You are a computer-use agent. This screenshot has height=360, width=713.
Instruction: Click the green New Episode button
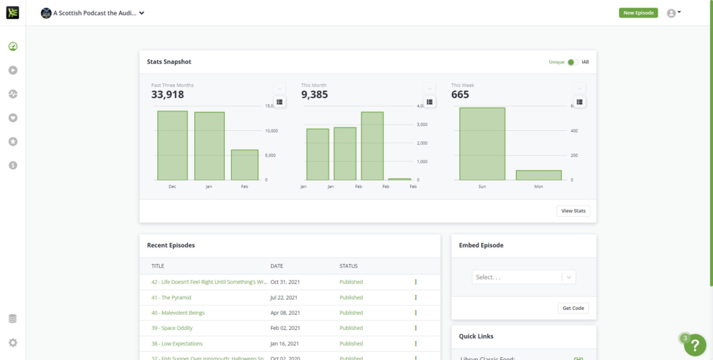point(638,13)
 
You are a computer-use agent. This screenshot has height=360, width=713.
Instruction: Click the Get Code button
point(574,308)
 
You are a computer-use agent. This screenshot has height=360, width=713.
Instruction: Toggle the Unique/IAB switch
point(572,62)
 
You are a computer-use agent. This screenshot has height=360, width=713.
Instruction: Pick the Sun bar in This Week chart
point(482,143)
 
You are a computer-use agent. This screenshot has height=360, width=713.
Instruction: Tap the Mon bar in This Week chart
point(538,175)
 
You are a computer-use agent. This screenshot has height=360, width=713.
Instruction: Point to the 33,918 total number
point(167,95)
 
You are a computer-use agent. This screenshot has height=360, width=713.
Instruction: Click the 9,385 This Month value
point(315,95)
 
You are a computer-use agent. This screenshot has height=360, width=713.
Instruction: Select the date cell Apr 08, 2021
point(285,313)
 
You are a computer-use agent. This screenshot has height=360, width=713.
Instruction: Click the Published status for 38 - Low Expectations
point(351,343)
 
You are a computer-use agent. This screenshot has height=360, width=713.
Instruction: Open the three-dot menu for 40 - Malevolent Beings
point(416,313)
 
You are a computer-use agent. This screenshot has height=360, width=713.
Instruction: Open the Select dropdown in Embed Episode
point(524,277)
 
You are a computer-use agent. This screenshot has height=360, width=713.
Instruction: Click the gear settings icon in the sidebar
point(13,343)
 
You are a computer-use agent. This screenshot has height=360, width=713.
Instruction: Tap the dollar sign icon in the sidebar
point(13,165)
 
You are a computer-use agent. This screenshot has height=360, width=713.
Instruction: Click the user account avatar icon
point(672,13)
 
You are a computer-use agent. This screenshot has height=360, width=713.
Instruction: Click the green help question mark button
point(695,345)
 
